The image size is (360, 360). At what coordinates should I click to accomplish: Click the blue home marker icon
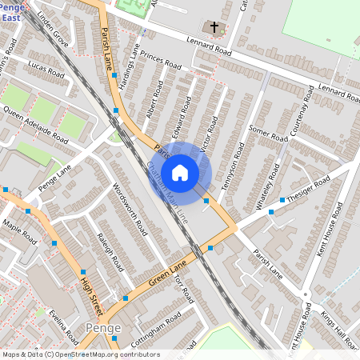point(180,173)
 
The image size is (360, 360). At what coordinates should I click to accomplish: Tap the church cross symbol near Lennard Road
point(214,28)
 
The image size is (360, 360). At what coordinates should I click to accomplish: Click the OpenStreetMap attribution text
point(81,354)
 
